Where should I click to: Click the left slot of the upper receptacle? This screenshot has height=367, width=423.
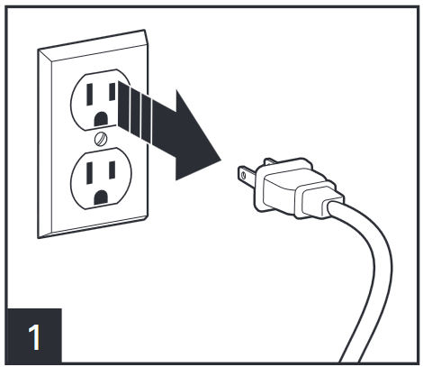(89, 95)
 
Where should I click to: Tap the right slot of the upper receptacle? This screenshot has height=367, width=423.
(112, 92)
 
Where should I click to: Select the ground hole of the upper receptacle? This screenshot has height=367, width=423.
(101, 119)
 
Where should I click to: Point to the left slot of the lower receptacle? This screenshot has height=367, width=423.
(89, 173)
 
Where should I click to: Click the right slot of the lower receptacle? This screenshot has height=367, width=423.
(112, 170)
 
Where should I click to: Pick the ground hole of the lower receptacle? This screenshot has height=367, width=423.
(101, 197)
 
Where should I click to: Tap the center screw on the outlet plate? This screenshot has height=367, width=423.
(101, 139)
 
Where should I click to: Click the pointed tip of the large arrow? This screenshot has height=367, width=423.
(221, 161)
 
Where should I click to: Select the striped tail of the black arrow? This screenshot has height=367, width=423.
(135, 111)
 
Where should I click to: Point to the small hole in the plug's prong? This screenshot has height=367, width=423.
(243, 175)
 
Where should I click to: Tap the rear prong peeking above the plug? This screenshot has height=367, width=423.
(270, 161)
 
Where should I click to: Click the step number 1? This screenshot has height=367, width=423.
(35, 336)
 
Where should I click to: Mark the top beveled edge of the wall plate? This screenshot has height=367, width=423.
(94, 45)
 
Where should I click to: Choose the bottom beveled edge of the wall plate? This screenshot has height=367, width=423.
(93, 227)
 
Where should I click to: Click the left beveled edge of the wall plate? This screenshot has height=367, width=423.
(45, 143)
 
